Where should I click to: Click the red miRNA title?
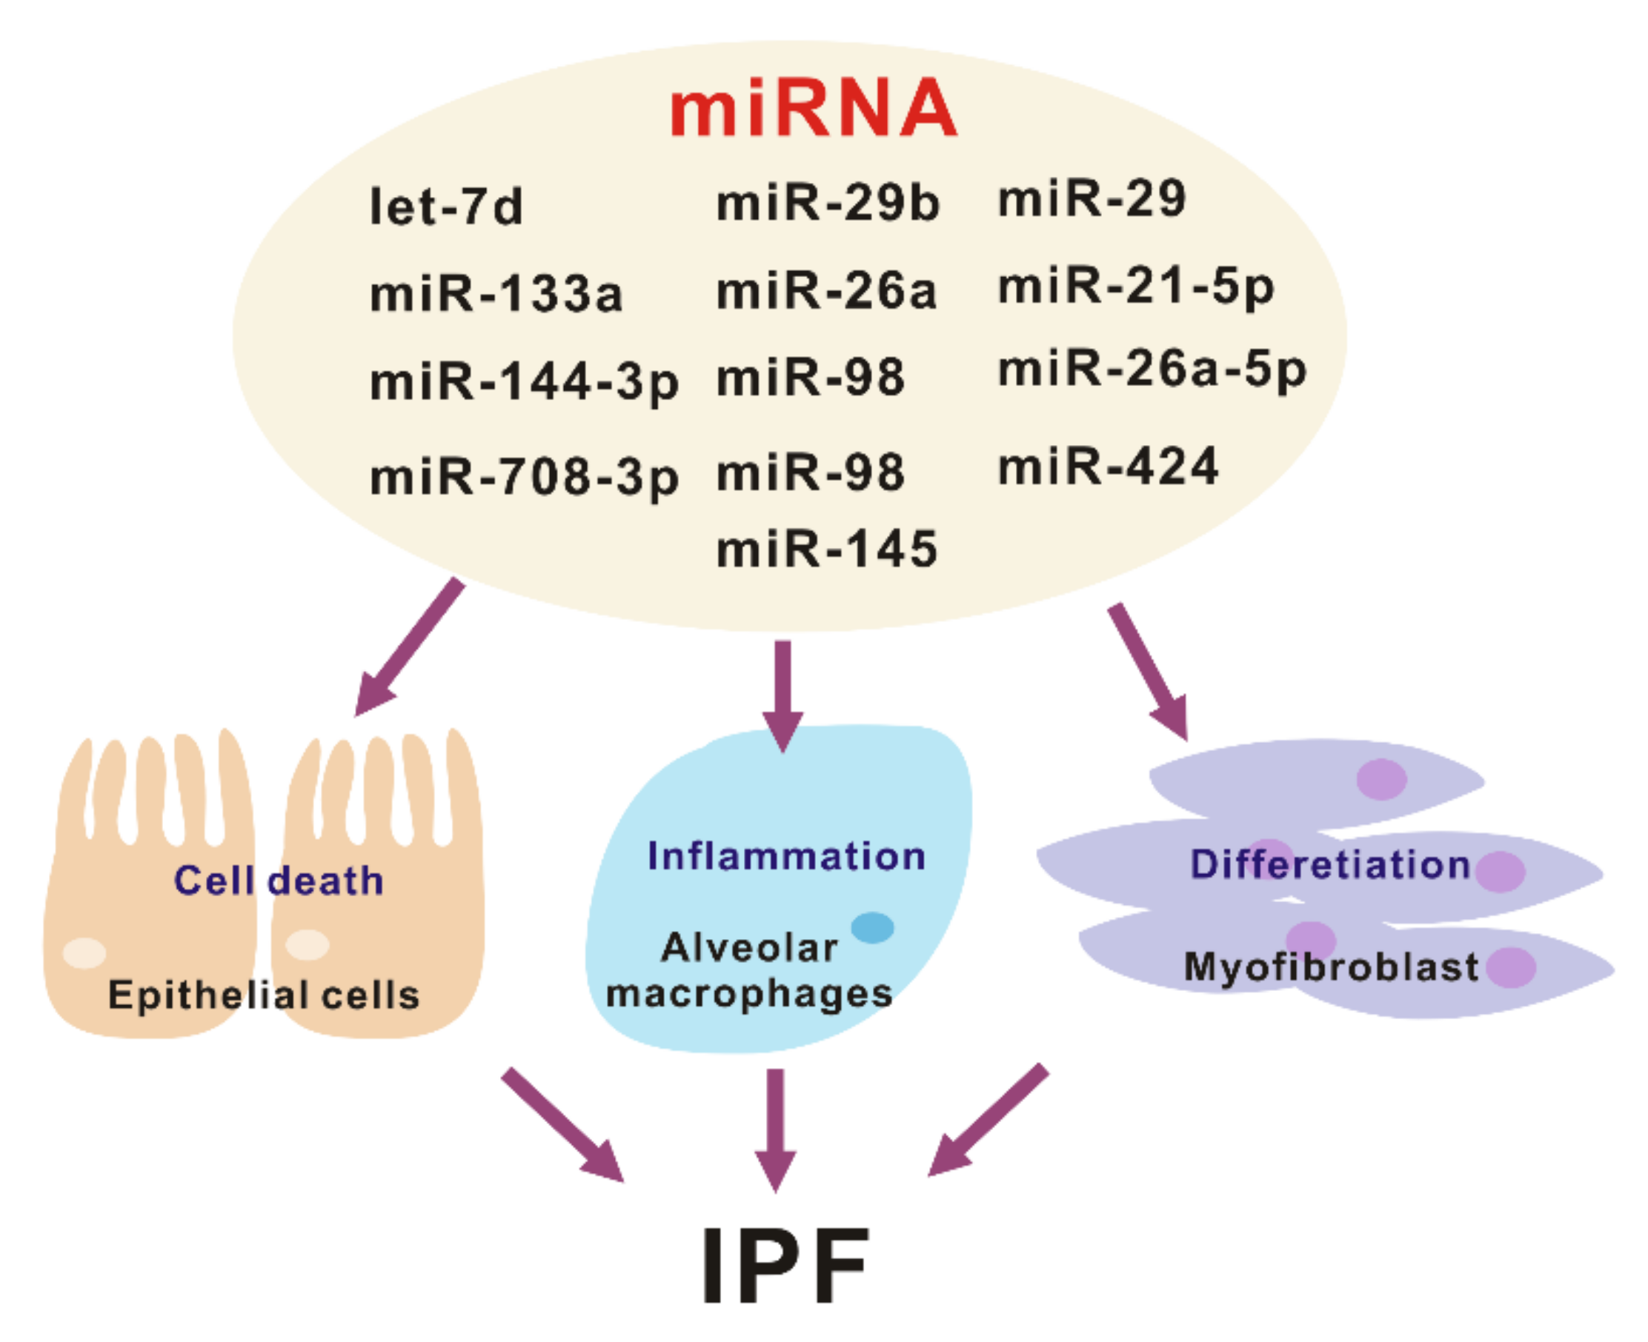coord(813,108)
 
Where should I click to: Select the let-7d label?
coord(446,207)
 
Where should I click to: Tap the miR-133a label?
coord(496,295)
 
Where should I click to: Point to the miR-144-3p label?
coord(524,383)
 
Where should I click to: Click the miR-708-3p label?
coord(524,477)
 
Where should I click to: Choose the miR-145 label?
coord(827,550)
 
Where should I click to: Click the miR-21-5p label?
coord(1135,287)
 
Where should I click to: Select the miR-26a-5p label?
coord(1152,370)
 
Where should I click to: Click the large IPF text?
coord(785,1265)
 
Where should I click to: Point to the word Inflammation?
coord(785,855)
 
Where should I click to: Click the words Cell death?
coord(279,881)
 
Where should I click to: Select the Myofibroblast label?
coord(1331,967)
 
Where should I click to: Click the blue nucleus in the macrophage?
coord(872,927)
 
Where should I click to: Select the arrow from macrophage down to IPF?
coord(776,1129)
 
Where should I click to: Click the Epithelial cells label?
coord(264,995)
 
